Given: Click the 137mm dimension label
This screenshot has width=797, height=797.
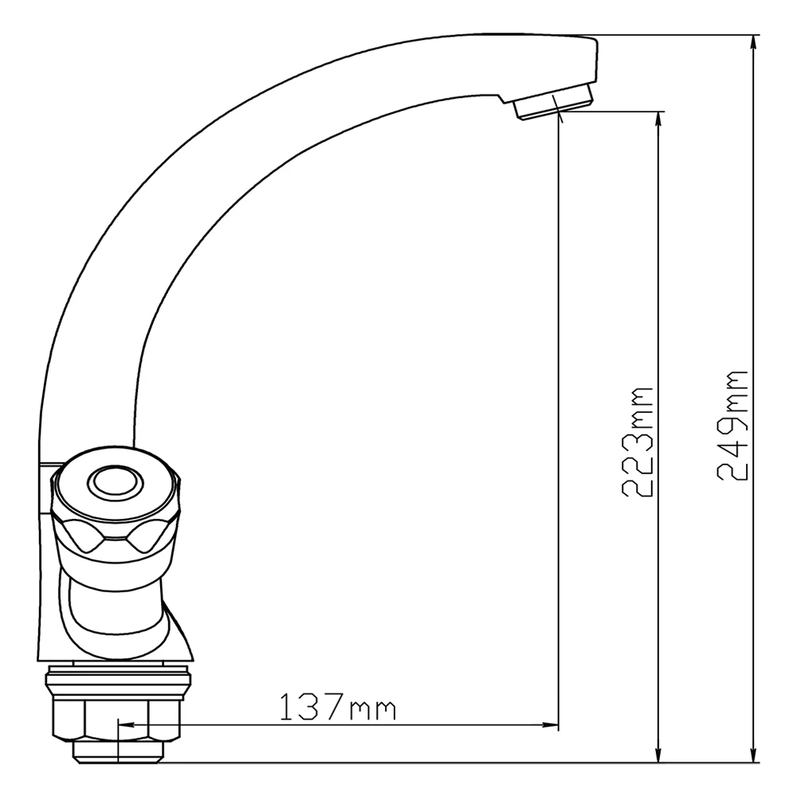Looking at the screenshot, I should coord(337,706).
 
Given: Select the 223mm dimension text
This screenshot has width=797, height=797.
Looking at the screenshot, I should coord(638,442).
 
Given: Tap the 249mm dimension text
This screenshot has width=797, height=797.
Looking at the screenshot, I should coord(732,425).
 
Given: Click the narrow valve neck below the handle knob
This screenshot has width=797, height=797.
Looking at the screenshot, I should coord(112,606).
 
